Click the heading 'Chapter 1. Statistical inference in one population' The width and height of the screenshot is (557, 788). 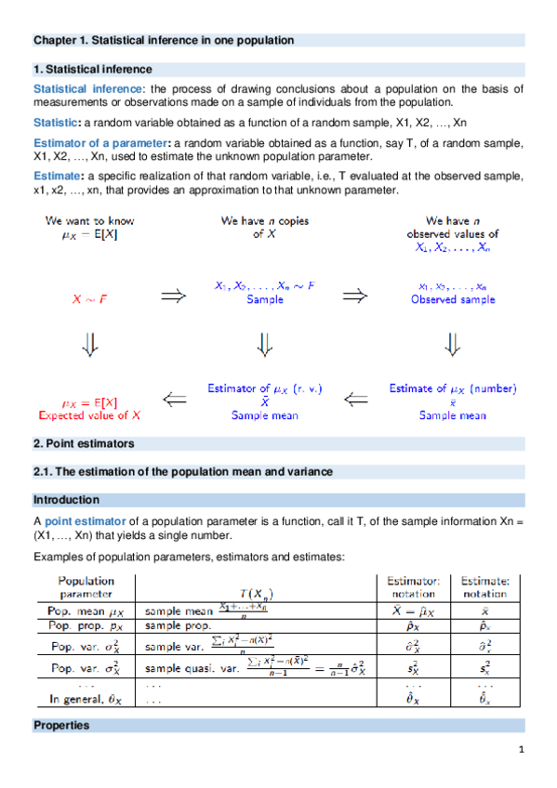164,41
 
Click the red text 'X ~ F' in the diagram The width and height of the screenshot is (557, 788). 89,300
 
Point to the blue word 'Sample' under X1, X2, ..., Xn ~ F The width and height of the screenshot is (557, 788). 265,300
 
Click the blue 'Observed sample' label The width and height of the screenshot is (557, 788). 453,300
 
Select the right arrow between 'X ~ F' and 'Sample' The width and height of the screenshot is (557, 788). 171,295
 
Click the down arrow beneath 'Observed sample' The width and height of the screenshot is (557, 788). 453,346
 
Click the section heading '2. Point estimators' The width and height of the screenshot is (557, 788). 84,444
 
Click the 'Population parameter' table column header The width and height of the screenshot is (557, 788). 86,586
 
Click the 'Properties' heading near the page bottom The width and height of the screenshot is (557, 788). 61,725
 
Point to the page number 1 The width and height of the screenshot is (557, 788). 523,751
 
